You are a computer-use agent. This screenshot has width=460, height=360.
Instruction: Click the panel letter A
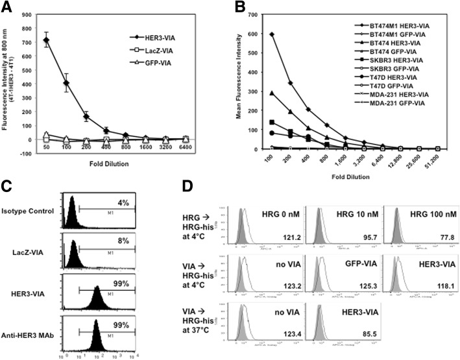click(x=8, y=8)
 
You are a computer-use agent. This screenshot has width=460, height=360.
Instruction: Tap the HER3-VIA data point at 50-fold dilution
click(x=46, y=41)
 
